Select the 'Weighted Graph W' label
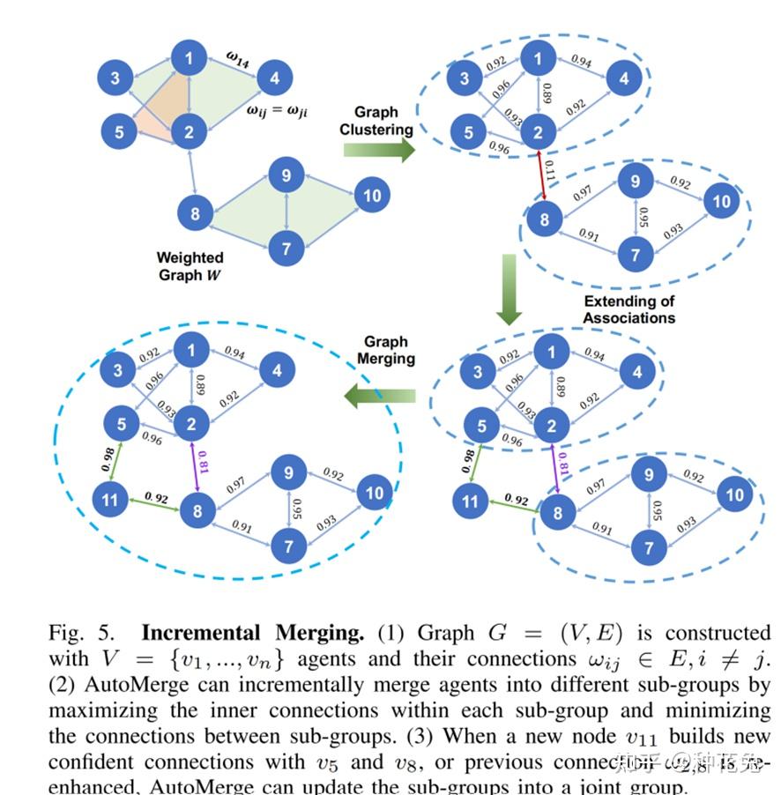click(190, 265)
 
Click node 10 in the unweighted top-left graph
click(373, 195)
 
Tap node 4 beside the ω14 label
click(275, 78)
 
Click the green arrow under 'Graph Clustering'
click(378, 149)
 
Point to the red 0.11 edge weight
click(550, 172)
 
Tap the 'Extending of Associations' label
click(629, 309)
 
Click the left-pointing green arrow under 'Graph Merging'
click(379, 394)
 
